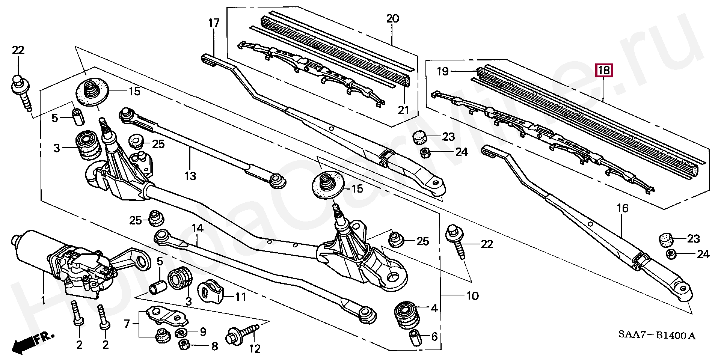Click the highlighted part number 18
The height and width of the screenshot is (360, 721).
pos(604,70)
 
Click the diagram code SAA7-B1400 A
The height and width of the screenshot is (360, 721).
pos(657,335)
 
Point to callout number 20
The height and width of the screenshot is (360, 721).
pos(393,18)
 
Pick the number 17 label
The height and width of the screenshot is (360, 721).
pos(214,23)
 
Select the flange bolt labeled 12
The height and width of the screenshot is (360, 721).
pos(243,333)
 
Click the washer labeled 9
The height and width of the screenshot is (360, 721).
pos(183,333)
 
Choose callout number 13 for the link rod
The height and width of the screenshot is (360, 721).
pos(190,176)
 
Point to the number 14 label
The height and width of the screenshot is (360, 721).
pos(198,228)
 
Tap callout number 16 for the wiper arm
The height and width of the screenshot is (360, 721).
pos(622,208)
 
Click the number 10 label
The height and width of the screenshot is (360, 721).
pos(472,296)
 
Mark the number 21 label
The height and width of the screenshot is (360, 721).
pos(403,110)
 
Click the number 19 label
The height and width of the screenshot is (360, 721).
pos(443,71)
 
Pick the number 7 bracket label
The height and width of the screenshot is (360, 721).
pos(127,323)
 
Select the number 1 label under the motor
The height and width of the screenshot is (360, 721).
pos(43,300)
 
